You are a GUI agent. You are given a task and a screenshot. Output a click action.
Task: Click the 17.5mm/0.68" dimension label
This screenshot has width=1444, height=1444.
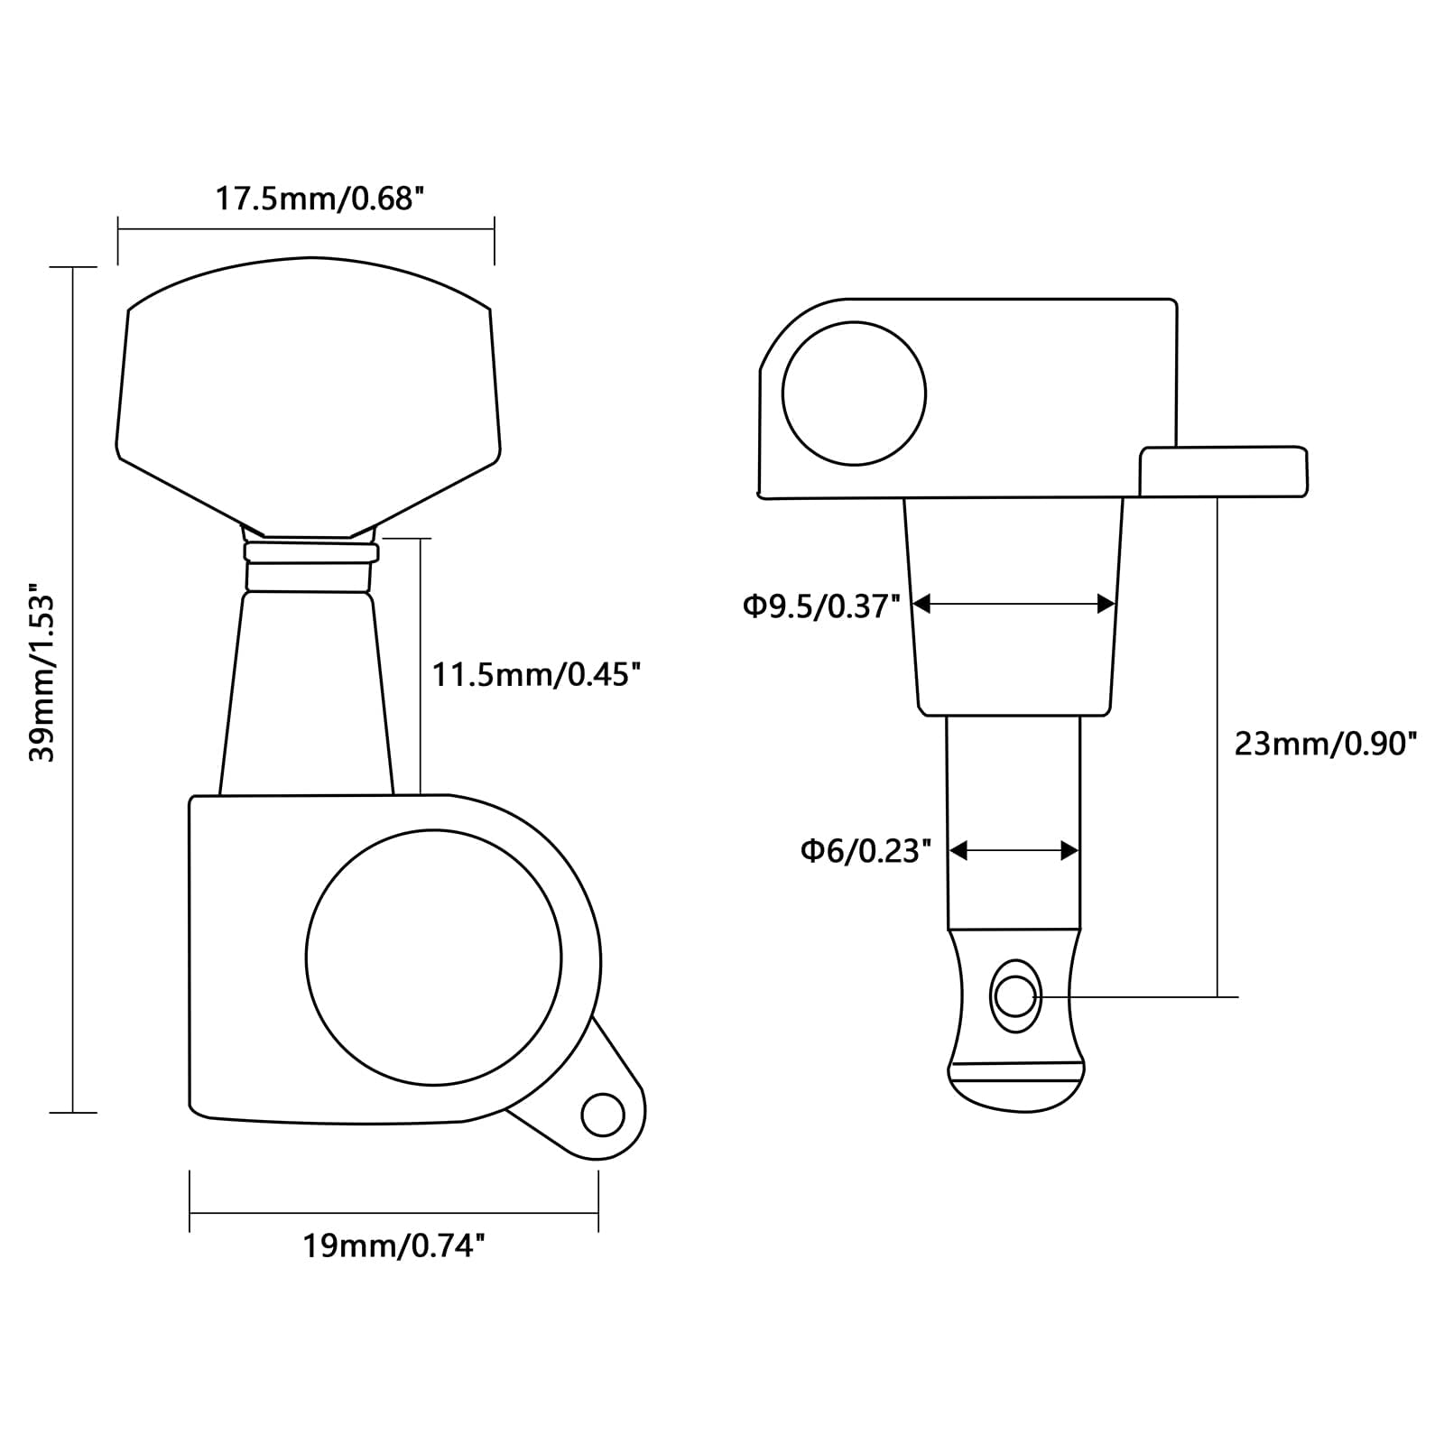coord(319,199)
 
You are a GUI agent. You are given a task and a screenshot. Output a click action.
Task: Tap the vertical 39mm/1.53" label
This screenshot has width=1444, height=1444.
coord(42,677)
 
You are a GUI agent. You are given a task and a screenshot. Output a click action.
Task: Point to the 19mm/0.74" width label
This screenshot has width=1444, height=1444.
coord(393,1246)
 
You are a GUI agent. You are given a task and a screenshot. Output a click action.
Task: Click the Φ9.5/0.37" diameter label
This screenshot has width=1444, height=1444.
coord(822,606)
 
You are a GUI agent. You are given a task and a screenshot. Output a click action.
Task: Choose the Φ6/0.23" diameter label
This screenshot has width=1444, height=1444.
coord(865,851)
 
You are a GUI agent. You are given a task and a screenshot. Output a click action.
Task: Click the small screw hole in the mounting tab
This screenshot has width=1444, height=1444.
coord(603,1115)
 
